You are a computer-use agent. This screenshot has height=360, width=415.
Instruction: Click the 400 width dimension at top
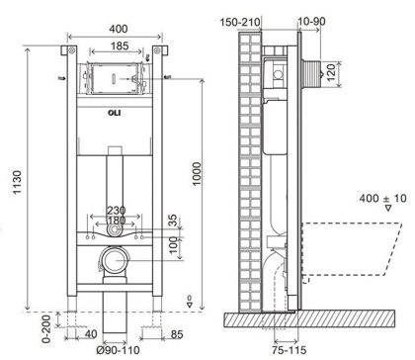tap(119, 29)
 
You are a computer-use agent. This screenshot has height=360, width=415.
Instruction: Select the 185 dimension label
tap(120, 45)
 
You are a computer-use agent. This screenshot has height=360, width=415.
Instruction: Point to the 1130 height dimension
tap(17, 182)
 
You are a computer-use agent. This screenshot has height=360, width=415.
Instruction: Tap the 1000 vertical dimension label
tap(197, 174)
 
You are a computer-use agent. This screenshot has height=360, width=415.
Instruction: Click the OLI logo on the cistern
tap(115, 113)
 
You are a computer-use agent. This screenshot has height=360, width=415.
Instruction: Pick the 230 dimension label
tap(116, 211)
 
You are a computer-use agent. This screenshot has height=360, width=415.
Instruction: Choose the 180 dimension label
tap(116, 220)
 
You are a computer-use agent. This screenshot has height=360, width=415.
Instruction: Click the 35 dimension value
tap(173, 221)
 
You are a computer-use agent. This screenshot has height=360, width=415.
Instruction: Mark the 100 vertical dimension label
tap(173, 245)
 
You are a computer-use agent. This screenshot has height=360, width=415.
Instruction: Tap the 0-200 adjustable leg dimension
tap(46, 328)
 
